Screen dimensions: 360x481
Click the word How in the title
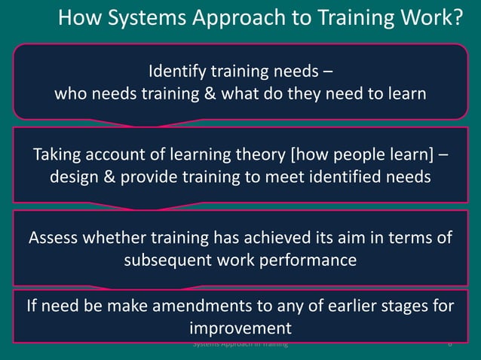78,17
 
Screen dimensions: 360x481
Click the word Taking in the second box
55,156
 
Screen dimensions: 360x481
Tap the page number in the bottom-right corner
449,344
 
